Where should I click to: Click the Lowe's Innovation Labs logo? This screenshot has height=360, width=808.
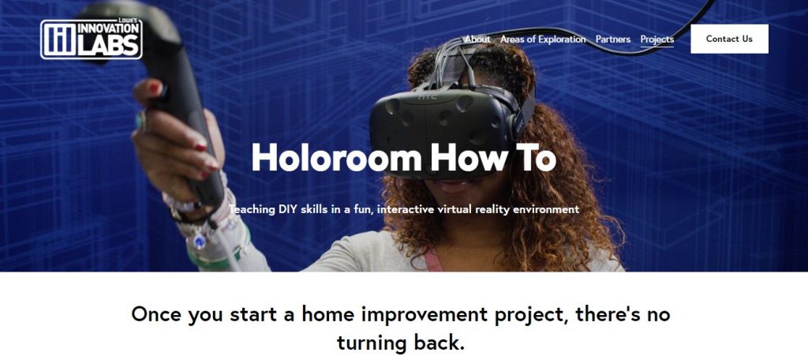coord(92,38)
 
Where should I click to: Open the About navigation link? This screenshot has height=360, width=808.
coord(477,39)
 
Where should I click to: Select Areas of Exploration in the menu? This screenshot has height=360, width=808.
coord(543,39)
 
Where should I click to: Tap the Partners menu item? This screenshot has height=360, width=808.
coord(612,39)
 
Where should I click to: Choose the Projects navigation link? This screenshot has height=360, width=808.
coord(656,39)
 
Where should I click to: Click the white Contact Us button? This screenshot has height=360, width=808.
coord(729,39)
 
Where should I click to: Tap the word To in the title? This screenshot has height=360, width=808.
coord(536,158)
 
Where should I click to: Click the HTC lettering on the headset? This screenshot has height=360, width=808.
coord(427,97)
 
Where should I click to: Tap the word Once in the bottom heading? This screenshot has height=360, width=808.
coord(157,313)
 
